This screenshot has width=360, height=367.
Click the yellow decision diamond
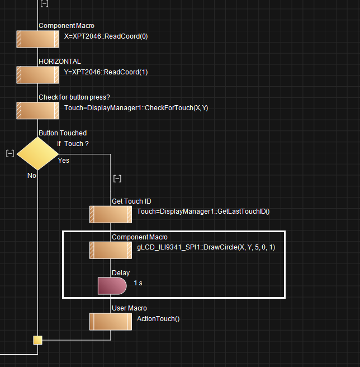coord(37,153)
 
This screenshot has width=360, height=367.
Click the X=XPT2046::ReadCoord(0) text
coord(106,36)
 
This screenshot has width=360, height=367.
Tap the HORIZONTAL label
coord(59,61)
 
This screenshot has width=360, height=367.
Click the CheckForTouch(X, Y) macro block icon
coord(37,110)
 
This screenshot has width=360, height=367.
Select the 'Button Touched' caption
coord(63,133)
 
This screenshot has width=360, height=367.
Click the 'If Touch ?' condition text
coord(73,144)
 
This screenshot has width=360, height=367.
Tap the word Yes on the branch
coord(64,161)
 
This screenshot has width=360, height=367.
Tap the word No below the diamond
coord(32,175)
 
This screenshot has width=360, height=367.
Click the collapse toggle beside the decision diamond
coord(10,153)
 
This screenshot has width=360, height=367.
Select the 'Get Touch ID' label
coord(131,201)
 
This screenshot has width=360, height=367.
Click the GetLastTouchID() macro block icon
coord(111,214)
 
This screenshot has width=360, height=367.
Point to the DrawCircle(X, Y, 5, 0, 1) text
coord(206,247)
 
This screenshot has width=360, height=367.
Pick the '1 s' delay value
coord(138,283)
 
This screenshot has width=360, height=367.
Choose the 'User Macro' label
coord(129,308)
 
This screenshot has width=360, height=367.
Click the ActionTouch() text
coord(158,318)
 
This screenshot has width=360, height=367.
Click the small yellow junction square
coord(37,340)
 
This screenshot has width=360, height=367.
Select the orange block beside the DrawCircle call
coord(111,250)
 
